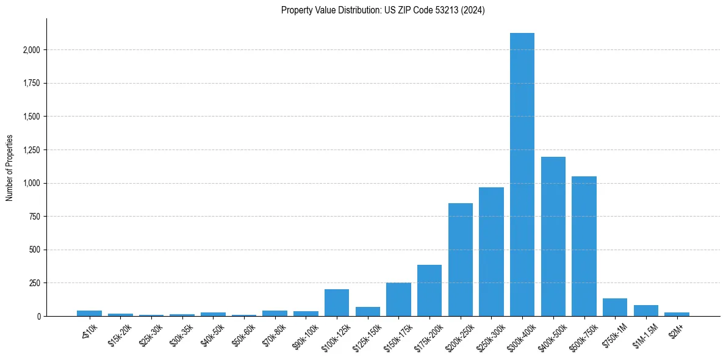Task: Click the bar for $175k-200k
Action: [429, 290]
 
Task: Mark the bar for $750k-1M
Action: [615, 308]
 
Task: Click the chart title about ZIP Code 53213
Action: [383, 10]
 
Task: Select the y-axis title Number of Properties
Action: [10, 168]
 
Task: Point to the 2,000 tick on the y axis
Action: [32, 50]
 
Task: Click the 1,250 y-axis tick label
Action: [32, 150]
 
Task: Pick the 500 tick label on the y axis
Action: [35, 250]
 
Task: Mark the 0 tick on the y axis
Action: [39, 317]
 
